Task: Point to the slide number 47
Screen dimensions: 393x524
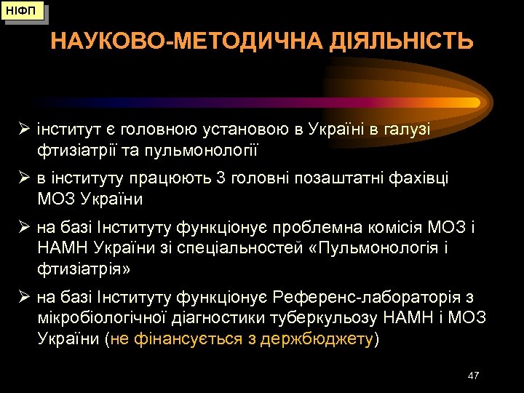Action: tap(474, 375)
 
